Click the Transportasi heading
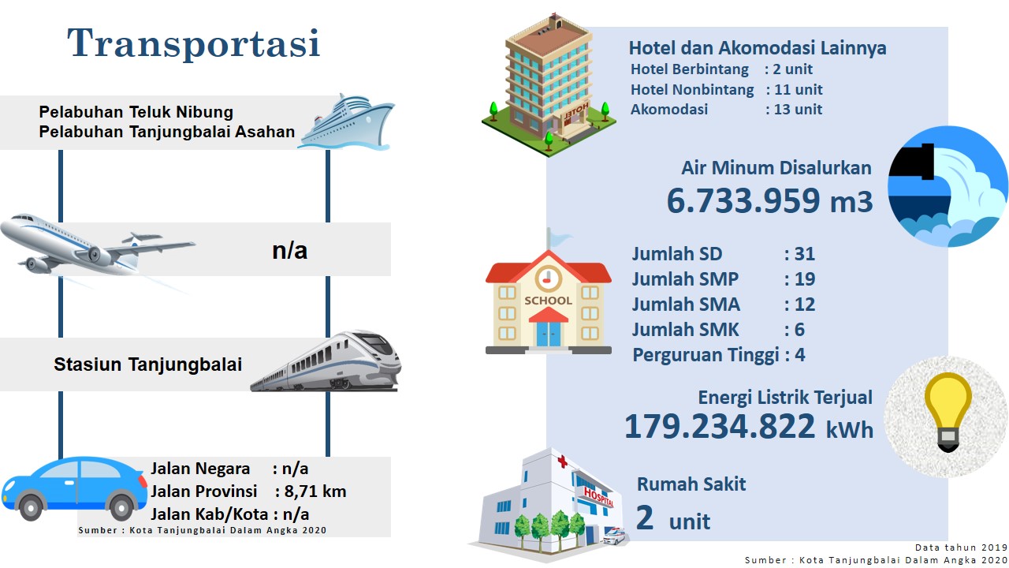coord(194,43)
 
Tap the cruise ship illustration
coord(346,122)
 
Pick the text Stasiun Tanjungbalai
coord(147,364)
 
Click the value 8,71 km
coord(315,491)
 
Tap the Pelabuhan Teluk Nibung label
coord(136,112)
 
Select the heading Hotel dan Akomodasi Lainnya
coord(758,48)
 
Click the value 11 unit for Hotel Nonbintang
coord(799,90)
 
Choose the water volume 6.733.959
coord(743,200)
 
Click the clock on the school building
coord(548,278)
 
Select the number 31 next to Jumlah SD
coord(805,254)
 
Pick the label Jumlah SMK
coord(685,330)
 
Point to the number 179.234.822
coord(720,426)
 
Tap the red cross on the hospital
coord(563,461)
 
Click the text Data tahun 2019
coord(961,547)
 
